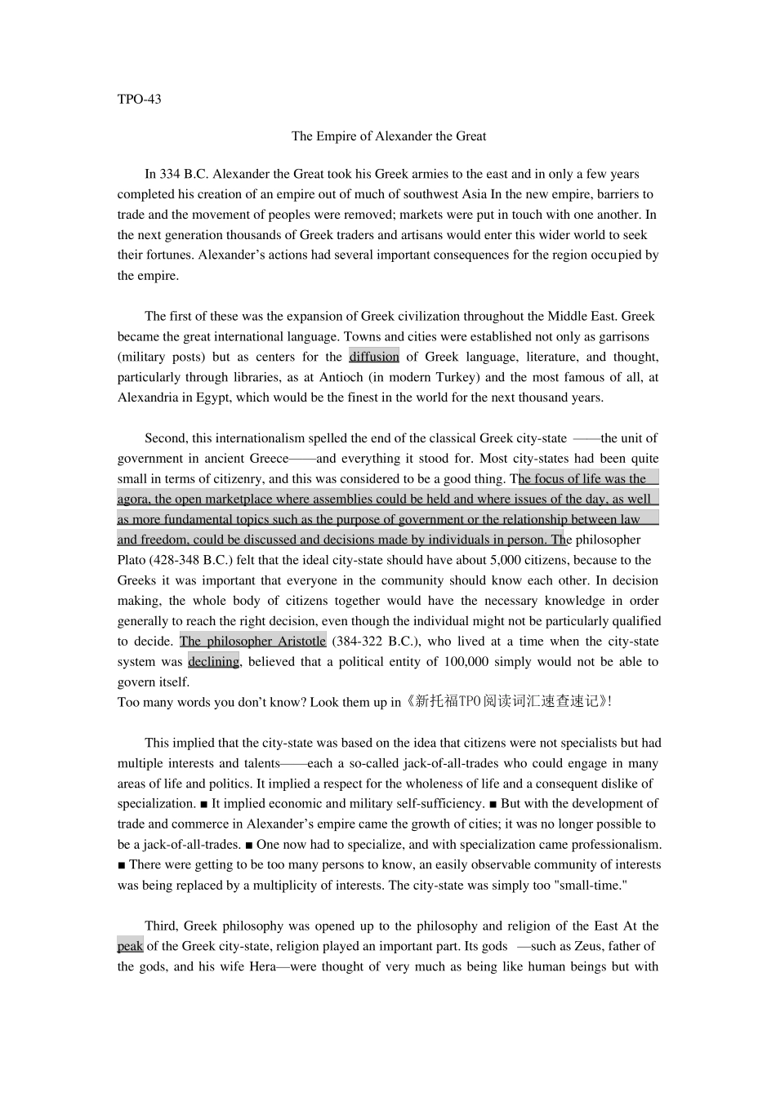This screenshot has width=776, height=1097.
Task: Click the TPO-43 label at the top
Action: coord(139,100)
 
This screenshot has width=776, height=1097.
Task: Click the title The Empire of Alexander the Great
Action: coord(388,136)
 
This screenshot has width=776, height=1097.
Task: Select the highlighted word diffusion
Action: coord(374,357)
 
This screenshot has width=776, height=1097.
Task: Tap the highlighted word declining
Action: coord(213,662)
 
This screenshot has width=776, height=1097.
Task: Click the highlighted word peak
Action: coord(130,947)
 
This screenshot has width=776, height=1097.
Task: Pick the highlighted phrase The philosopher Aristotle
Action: coord(252,642)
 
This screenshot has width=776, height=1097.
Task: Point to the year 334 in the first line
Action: coord(169,174)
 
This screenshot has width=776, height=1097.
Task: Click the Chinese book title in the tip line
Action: coord(506,702)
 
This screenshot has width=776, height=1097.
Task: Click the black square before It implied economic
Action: coord(203,804)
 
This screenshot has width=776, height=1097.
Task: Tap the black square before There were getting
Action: coord(122,865)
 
